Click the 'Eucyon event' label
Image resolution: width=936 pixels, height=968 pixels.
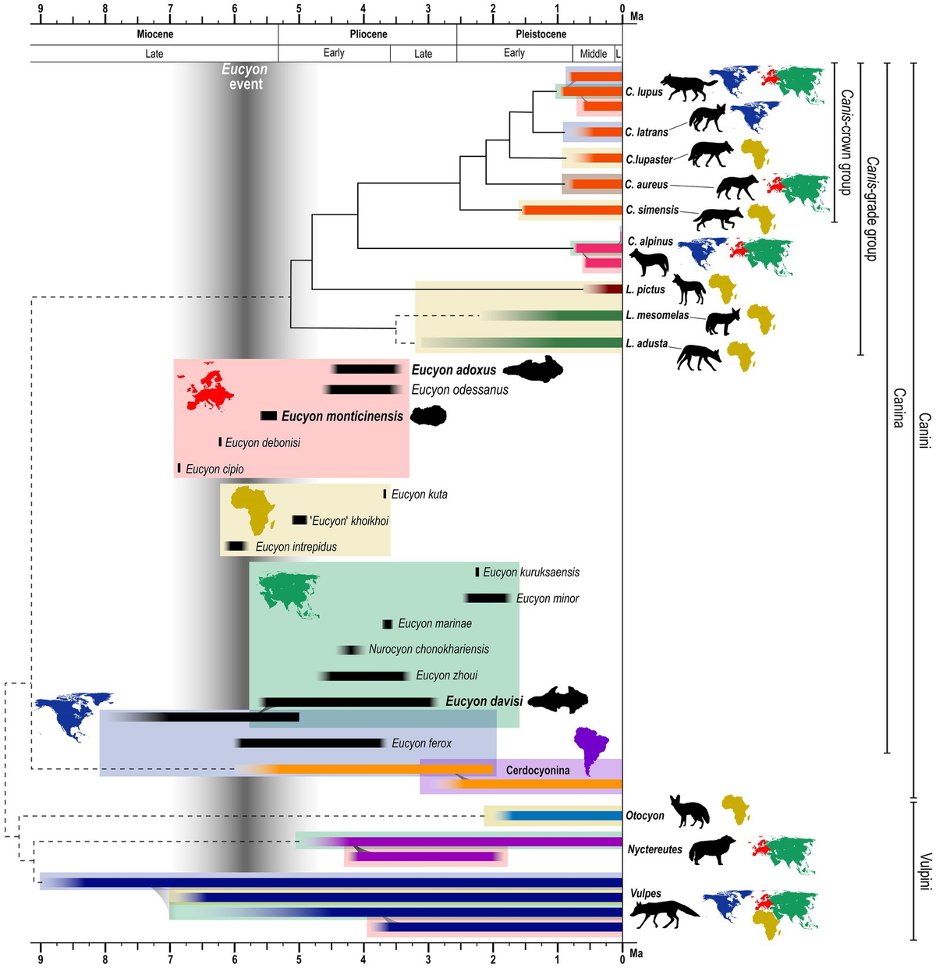pyautogui.click(x=245, y=76)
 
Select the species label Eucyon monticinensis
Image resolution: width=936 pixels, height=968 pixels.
pyautogui.click(x=342, y=417)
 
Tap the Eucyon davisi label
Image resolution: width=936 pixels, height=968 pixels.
pyautogui.click(x=484, y=701)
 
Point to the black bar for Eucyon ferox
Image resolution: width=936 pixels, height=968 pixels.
pyautogui.click(x=312, y=743)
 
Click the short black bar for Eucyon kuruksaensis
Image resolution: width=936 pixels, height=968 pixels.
pyautogui.click(x=477, y=572)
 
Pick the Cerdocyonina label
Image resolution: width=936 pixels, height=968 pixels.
pyautogui.click(x=537, y=771)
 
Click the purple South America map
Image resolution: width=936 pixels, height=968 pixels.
pyautogui.click(x=590, y=751)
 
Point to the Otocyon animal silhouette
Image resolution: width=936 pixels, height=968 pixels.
pyautogui.click(x=690, y=812)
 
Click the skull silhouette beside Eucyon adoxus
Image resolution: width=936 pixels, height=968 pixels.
pyautogui.click(x=533, y=369)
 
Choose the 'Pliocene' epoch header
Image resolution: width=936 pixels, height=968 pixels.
pyautogui.click(x=368, y=34)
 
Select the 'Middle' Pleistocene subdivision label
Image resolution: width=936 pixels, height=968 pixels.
pyautogui.click(x=594, y=54)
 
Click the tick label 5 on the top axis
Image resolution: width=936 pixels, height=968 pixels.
pyautogui.click(x=299, y=9)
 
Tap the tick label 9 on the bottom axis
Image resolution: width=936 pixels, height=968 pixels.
pyautogui.click(x=41, y=958)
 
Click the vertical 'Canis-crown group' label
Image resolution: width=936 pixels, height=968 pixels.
pyautogui.click(x=846, y=142)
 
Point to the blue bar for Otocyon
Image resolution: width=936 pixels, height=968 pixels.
pyautogui.click(x=565, y=816)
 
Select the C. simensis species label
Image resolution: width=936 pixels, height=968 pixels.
pyautogui.click(x=652, y=210)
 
